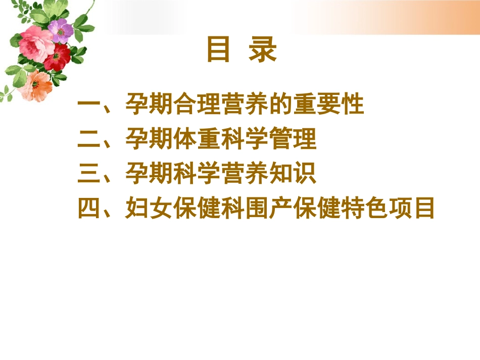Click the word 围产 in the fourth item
click(x=268, y=208)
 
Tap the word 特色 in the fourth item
click(x=364, y=208)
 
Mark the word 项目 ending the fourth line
click(x=412, y=208)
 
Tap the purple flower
click(x=61, y=30)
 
